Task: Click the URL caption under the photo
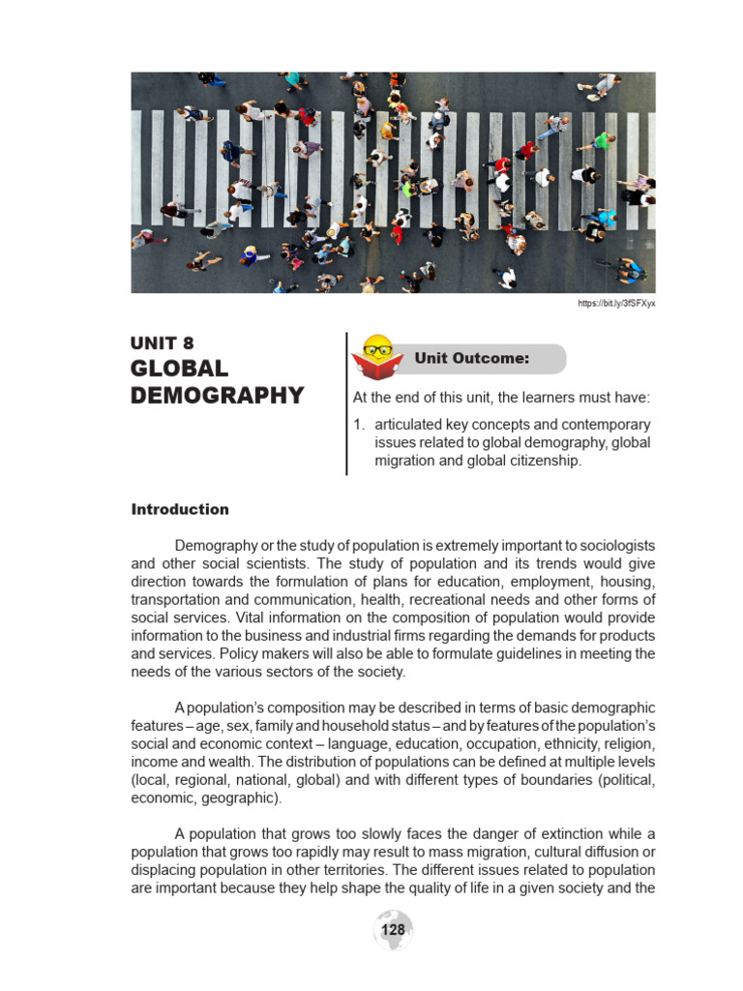click(x=616, y=304)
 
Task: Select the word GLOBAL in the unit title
click(x=179, y=369)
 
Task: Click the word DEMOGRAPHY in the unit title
click(x=217, y=396)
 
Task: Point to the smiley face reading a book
click(x=377, y=356)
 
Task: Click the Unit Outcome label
click(x=471, y=358)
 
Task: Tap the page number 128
click(x=394, y=930)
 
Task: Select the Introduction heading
click(x=180, y=509)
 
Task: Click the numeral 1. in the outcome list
click(x=358, y=425)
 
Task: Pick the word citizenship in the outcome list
click(x=547, y=461)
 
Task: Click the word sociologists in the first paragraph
click(x=611, y=546)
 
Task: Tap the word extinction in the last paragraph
click(x=564, y=834)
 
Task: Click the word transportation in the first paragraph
click(x=178, y=599)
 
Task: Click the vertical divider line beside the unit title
click(x=346, y=404)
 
